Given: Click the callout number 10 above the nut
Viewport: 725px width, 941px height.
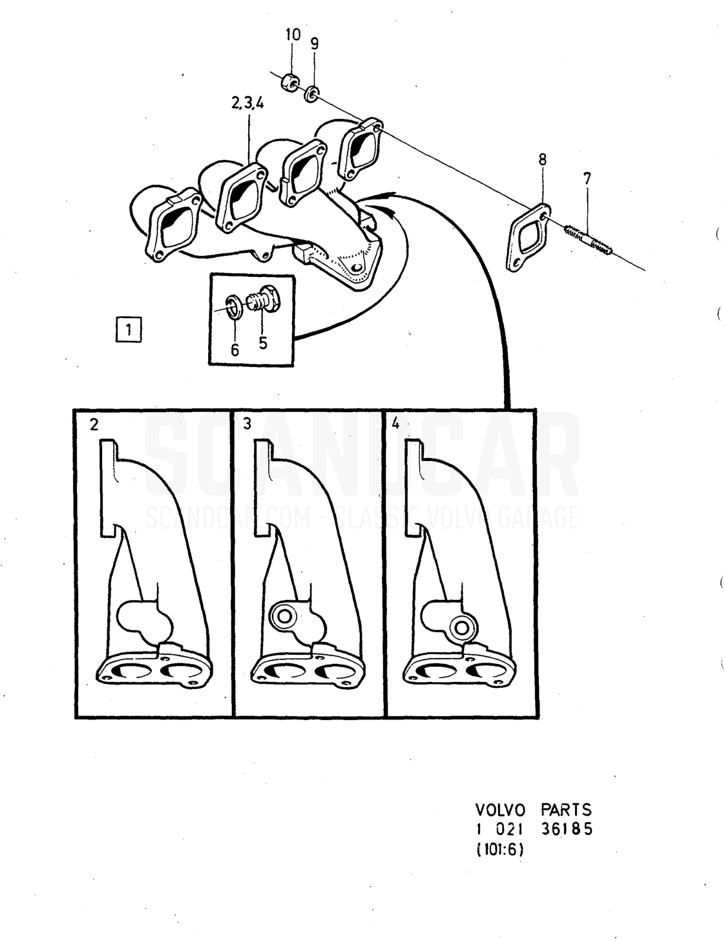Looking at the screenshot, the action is [293, 35].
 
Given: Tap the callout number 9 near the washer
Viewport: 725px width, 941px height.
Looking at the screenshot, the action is [315, 43].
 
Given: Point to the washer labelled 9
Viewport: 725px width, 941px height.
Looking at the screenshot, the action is [312, 94].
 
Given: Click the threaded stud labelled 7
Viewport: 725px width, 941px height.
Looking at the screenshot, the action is [589, 240].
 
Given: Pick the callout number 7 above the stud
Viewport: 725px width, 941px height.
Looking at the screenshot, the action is [587, 178].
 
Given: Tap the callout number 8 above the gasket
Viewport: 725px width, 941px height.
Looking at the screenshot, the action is [542, 160].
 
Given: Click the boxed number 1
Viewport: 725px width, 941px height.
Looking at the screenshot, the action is [128, 331].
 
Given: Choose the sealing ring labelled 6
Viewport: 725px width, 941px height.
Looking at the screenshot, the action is [235, 307].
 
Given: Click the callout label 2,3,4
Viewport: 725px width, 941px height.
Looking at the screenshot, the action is [247, 103].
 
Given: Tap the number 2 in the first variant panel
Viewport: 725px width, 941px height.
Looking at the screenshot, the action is [94, 425].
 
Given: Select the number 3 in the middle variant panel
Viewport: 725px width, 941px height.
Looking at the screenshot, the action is [247, 424].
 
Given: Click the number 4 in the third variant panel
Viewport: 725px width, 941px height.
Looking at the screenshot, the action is [395, 424].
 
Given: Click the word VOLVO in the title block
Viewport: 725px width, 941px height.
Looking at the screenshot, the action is [500, 809].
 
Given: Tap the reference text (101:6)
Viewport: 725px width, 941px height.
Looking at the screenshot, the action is [499, 850].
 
